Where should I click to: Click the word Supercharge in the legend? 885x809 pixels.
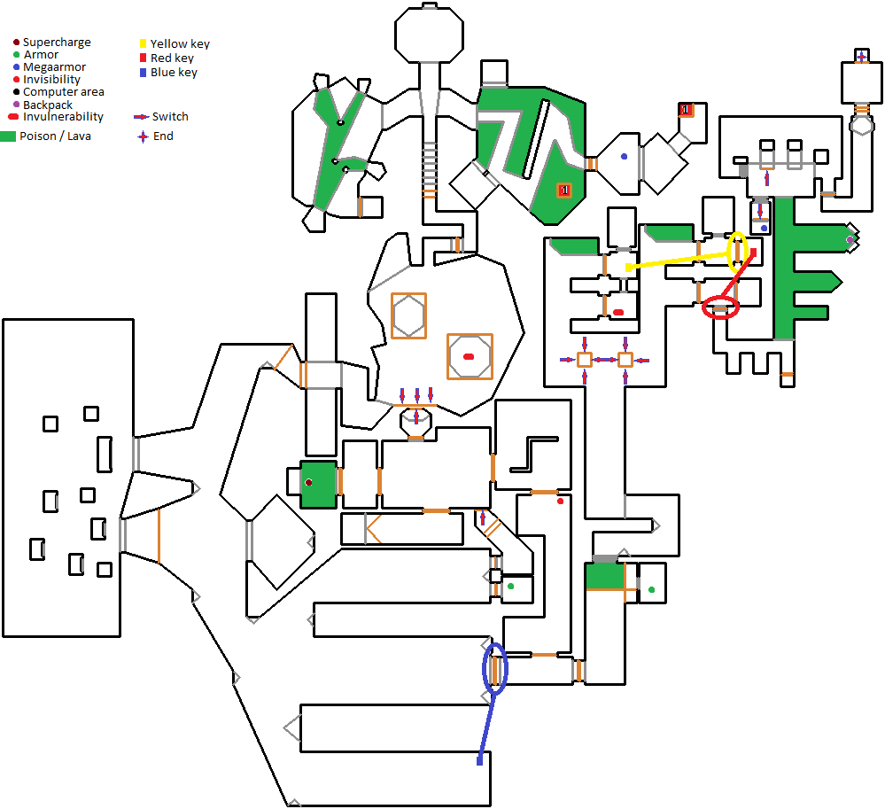point(57,43)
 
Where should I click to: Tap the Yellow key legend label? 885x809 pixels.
point(180,43)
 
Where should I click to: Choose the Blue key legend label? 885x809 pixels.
point(174,73)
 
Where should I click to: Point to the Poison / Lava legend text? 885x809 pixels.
point(55,136)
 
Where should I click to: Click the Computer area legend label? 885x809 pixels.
point(64,92)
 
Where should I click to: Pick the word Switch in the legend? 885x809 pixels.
point(170,117)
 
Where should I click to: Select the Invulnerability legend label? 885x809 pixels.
point(63,117)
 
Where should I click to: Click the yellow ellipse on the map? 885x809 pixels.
point(737,252)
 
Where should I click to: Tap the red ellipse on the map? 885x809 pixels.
point(720,308)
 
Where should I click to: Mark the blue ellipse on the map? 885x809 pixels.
point(495,668)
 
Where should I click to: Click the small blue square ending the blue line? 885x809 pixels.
point(480,760)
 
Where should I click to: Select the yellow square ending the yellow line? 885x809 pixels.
point(628,267)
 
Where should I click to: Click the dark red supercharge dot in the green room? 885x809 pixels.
point(308,482)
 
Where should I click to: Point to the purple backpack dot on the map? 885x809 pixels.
point(850,240)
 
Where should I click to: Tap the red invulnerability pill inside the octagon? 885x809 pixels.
point(469,356)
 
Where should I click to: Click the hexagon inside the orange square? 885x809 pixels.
point(408,315)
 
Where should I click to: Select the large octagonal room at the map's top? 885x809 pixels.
point(429,35)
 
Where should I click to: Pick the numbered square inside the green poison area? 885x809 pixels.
point(563,190)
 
